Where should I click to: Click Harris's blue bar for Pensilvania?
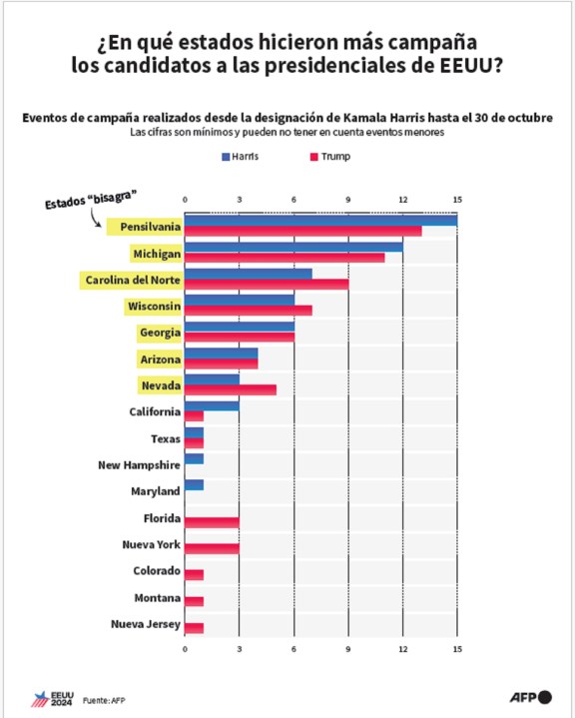pos(320,221)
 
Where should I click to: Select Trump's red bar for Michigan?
pos(285,258)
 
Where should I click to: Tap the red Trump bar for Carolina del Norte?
pos(267,284)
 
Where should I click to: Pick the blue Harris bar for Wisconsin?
pos(240,300)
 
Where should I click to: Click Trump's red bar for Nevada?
pos(231,390)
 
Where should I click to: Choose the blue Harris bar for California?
pos(212,406)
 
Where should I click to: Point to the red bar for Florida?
pos(212,522)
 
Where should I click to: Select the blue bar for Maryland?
pos(194,485)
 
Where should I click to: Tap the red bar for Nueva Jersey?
pos(194,628)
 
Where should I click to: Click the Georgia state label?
pos(161,333)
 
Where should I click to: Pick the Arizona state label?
pos(161,359)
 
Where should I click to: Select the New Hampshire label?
pos(139,465)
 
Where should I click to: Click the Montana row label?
pos(158,598)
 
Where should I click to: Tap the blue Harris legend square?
pos(226,157)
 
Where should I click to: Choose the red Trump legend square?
pos(314,157)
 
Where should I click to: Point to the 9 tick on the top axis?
pos(348,200)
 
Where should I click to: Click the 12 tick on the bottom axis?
pos(403,649)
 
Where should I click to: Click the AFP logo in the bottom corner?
pos(531,697)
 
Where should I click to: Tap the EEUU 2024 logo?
pos(52,699)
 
